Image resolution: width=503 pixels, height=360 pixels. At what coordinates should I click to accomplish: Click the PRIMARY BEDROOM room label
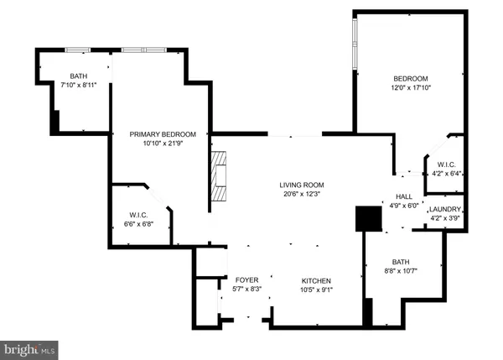[x=162, y=134]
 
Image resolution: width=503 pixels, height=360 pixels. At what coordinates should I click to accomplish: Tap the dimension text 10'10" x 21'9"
[x=162, y=143]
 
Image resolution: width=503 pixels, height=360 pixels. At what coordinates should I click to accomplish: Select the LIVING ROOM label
[x=302, y=185]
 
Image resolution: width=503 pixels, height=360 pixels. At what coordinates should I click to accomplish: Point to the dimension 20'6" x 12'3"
[x=302, y=194]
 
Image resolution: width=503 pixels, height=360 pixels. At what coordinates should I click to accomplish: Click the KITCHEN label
[x=317, y=280]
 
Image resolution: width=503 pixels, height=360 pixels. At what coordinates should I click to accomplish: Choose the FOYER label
[x=246, y=279]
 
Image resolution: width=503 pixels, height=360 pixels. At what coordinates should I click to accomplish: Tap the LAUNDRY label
[x=443, y=209]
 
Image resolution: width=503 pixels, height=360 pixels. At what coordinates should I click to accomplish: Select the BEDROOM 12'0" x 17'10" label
[x=411, y=79]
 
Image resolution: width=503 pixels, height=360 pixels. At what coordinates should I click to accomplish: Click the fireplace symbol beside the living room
[x=220, y=176]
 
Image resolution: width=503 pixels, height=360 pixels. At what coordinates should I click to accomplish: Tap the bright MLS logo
[x=29, y=347]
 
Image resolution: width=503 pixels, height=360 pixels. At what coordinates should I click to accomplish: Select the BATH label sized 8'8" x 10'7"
[x=401, y=262]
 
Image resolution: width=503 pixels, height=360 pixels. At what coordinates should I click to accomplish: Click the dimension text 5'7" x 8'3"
[x=246, y=290]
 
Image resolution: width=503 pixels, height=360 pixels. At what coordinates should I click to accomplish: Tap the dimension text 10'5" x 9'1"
[x=317, y=290]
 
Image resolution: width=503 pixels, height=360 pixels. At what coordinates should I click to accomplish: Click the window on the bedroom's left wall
[x=355, y=44]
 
